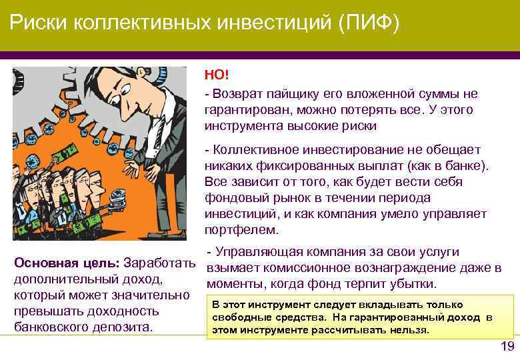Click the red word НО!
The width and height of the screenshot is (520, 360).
click(x=215, y=77)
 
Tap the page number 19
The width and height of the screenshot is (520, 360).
click(x=507, y=346)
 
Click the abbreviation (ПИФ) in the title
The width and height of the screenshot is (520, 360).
click(x=369, y=24)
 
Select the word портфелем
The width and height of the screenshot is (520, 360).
click(x=241, y=229)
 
